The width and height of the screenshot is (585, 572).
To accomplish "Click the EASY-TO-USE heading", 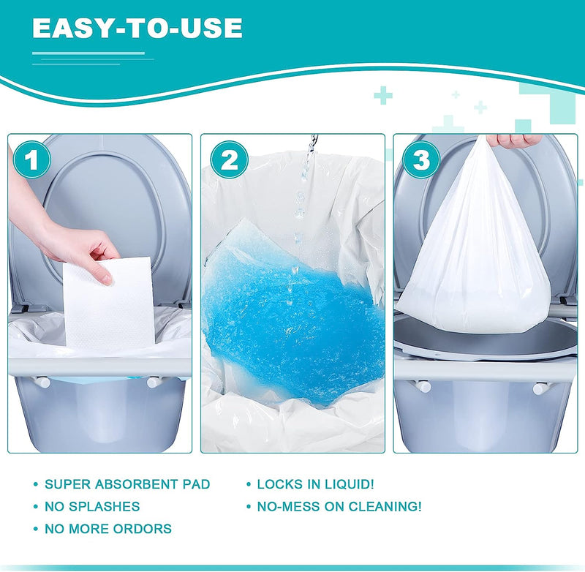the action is point(137,28).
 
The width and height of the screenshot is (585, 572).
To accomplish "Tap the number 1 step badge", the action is point(31,159).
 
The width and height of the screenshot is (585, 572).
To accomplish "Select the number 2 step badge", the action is point(229,159).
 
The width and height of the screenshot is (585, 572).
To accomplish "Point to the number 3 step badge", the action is point(421,159).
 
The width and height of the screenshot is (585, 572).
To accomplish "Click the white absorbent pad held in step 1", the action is point(108,304).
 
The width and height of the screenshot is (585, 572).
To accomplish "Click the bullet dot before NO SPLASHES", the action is point(36,507).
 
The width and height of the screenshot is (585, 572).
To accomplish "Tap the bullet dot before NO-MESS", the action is point(249,507).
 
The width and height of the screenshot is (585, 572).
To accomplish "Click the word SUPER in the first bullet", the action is point(67,484).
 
